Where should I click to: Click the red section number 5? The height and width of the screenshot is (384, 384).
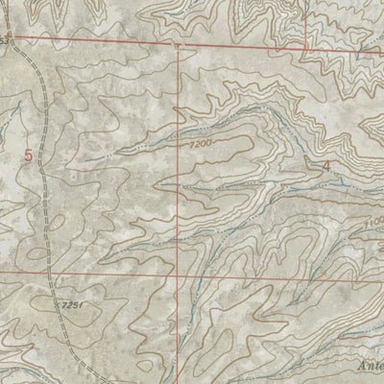point(28,154)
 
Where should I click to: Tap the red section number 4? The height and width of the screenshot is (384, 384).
point(326,165)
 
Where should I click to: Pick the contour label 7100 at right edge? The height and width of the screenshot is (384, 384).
point(374,223)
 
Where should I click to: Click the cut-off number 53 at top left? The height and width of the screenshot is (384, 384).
point(8,42)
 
